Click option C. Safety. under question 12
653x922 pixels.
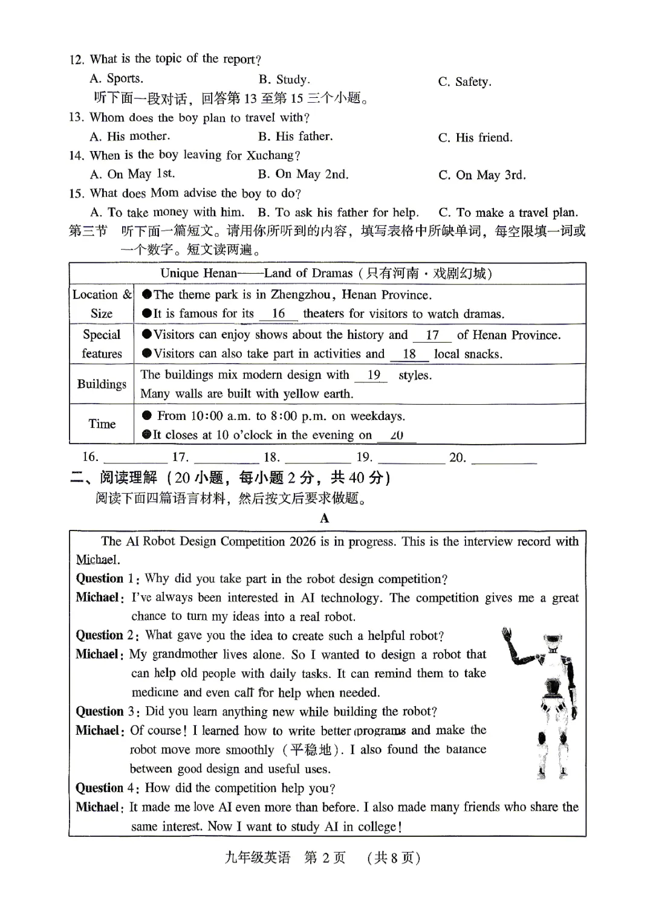tap(464, 82)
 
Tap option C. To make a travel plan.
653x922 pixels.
tap(508, 213)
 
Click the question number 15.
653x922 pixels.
tap(76, 194)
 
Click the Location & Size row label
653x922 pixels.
tap(102, 304)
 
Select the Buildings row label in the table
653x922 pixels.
tap(102, 384)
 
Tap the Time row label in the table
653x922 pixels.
tap(102, 424)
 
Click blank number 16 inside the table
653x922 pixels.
tap(278, 314)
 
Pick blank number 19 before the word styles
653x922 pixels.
tap(374, 375)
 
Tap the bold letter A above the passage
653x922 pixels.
tap(325, 518)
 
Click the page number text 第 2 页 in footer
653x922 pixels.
tap(325, 858)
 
